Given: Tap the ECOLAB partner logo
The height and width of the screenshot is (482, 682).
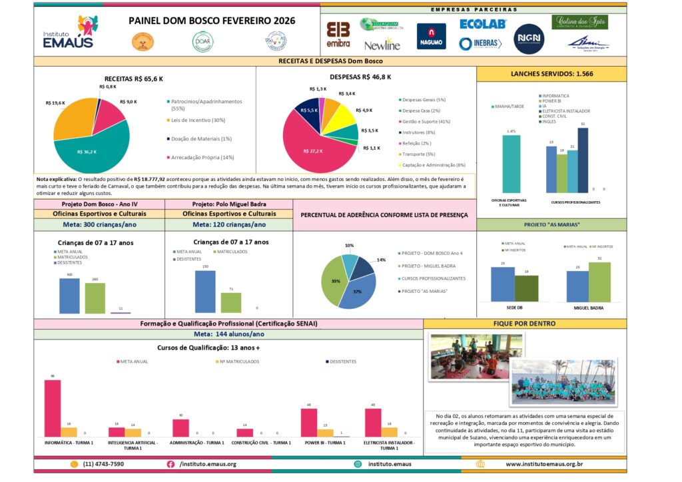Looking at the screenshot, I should coord(483,24).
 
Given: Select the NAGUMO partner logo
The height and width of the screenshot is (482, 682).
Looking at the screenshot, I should coord(431,36).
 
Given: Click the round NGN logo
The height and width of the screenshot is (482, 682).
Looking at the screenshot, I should coord(529,39).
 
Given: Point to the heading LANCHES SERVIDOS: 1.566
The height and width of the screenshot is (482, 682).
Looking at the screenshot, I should coord(551,74).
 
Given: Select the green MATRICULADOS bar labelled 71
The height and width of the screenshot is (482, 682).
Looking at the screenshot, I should coord(230,302).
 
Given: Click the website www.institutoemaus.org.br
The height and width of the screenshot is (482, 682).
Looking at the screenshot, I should coord(543,463).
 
